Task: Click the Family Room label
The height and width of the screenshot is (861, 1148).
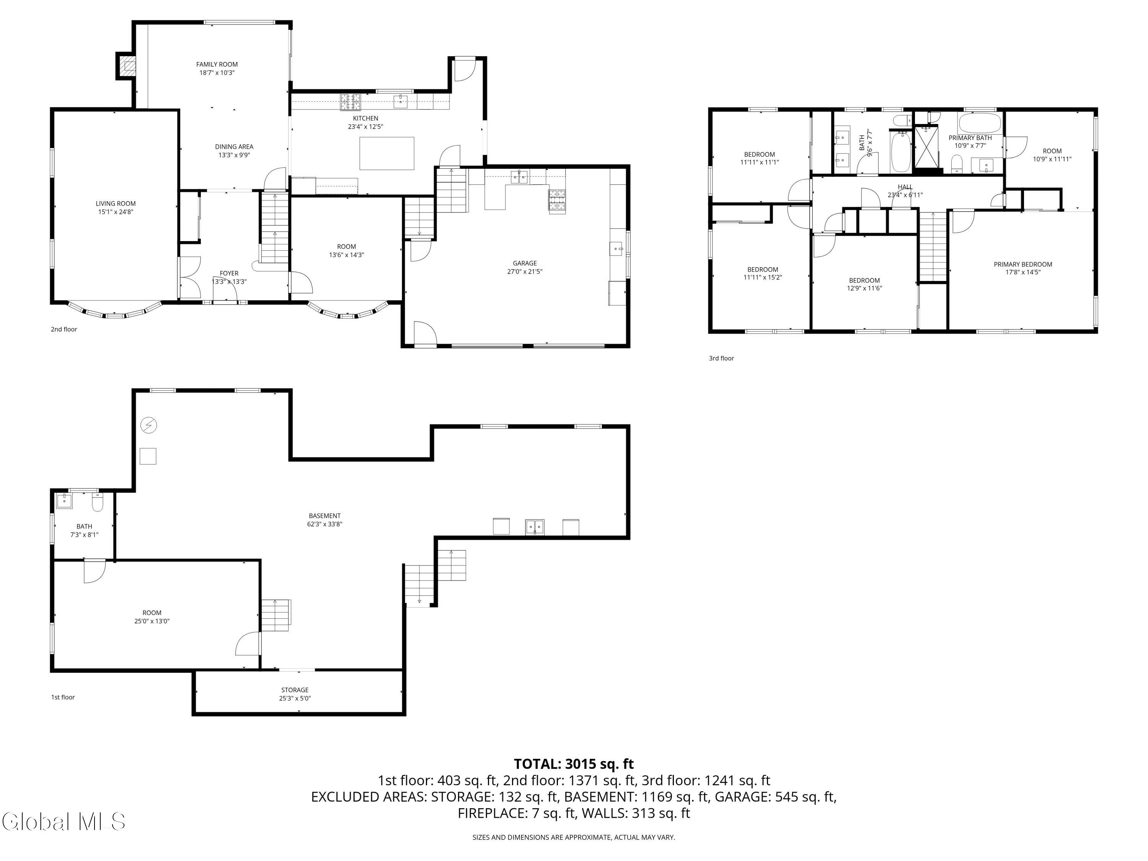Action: (x=217, y=64)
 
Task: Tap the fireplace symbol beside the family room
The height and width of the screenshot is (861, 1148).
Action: (x=128, y=65)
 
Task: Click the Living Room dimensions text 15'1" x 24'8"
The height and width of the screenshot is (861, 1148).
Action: (x=115, y=212)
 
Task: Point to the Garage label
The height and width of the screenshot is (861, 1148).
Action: (x=525, y=263)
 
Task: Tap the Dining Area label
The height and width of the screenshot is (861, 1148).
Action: (x=234, y=147)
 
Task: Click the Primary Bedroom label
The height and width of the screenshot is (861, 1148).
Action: (x=1023, y=264)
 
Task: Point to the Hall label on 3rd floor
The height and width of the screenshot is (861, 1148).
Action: (x=905, y=187)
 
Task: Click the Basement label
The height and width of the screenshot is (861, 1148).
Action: (x=325, y=516)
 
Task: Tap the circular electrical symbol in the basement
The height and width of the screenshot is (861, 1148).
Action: (x=148, y=426)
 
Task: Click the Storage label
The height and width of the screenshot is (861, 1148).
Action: (x=295, y=690)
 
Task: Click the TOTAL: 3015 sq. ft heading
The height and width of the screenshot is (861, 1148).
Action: (x=574, y=764)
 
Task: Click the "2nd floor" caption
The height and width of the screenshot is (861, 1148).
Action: (x=64, y=329)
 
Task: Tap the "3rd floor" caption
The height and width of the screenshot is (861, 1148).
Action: (x=721, y=358)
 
